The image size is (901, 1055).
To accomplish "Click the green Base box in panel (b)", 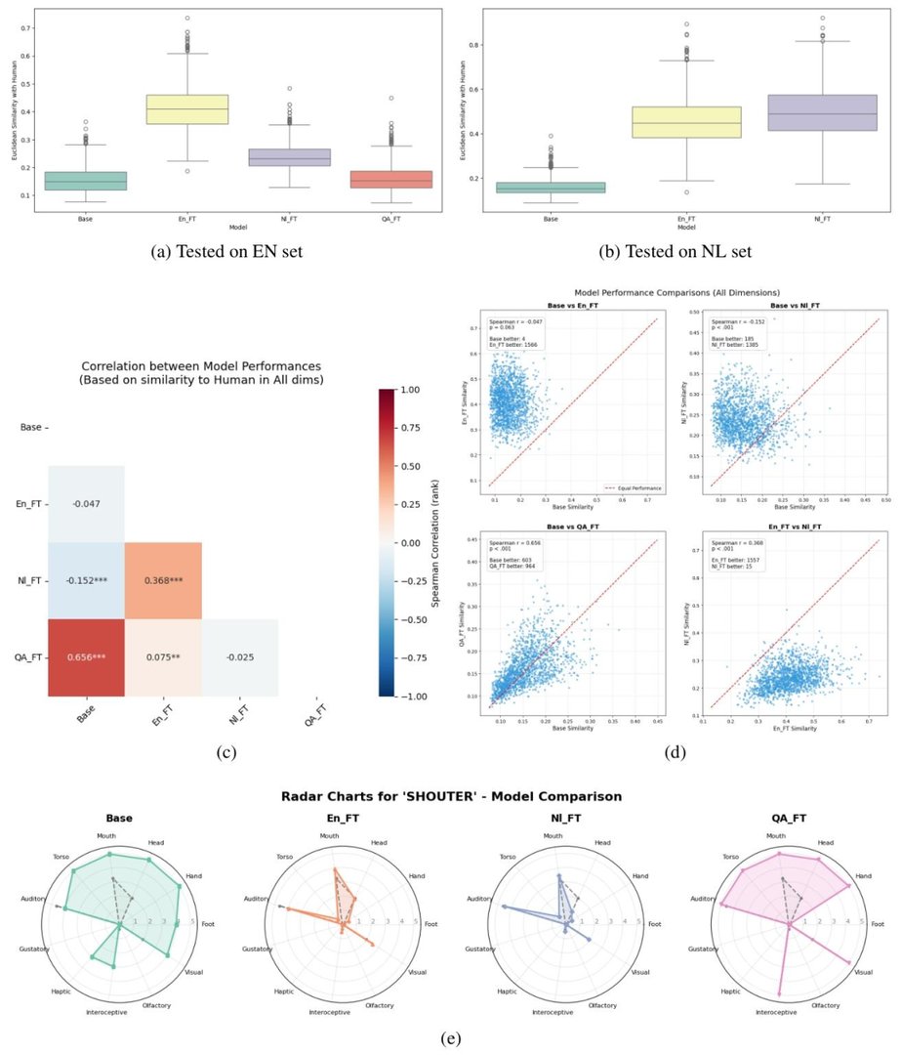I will [x=551, y=187].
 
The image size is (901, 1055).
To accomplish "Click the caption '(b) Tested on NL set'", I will [x=675, y=252].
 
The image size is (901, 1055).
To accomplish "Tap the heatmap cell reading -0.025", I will [x=239, y=657].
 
